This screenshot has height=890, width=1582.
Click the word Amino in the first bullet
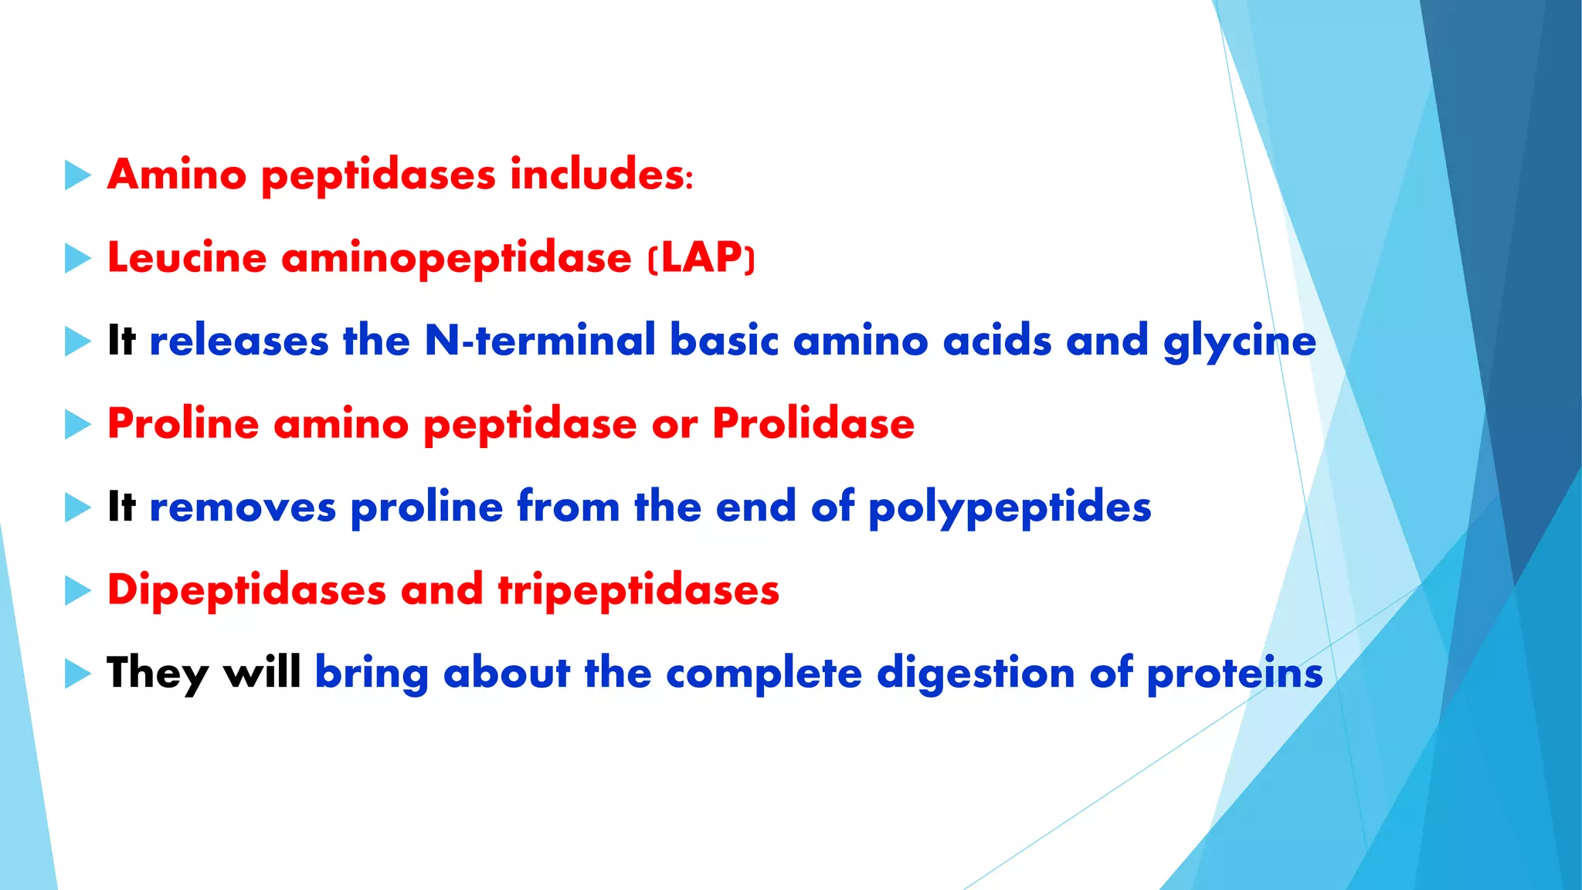point(177,175)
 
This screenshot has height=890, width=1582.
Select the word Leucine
point(187,257)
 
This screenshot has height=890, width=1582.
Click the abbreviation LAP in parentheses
point(701,257)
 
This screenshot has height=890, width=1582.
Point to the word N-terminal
point(540,341)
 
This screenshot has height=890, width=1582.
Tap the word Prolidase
point(813,424)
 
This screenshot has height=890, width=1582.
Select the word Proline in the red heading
point(183,424)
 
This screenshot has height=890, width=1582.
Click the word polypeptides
point(1010,508)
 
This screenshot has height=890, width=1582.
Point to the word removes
point(243,508)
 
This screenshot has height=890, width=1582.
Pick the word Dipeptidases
point(246,591)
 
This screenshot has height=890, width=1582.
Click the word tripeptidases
point(638,591)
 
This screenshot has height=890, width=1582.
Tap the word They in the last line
point(158,674)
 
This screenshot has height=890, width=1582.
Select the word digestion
point(976,674)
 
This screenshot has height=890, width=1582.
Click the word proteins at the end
point(1234,674)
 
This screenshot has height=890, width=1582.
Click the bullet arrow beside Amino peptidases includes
point(77,175)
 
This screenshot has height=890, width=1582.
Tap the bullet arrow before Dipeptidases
point(77,591)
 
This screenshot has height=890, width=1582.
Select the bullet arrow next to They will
point(77,674)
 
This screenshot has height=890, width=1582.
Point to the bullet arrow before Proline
point(77,424)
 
